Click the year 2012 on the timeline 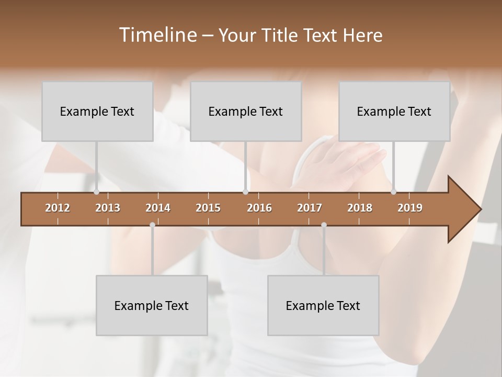point(58,208)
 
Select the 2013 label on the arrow point(108,208)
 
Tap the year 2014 point(158,208)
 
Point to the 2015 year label point(208,208)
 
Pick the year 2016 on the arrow point(259,208)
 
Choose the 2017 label point(310,208)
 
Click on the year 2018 point(360,208)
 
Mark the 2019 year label point(410,208)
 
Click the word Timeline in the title point(157,35)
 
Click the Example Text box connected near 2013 point(97,112)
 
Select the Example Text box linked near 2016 point(246,112)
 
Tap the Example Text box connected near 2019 point(394,112)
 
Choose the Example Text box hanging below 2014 point(152,306)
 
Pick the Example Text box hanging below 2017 point(323,306)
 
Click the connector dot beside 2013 point(96,192)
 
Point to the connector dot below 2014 point(152,225)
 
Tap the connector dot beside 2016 point(245,192)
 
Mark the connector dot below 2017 point(324,225)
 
